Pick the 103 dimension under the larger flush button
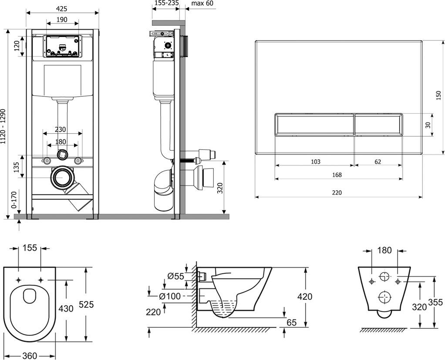315,161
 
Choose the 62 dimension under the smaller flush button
378,161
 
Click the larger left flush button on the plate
314,124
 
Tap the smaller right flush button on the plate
378,124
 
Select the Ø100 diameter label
167,296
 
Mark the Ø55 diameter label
175,276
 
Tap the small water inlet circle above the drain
63,154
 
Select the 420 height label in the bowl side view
305,297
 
